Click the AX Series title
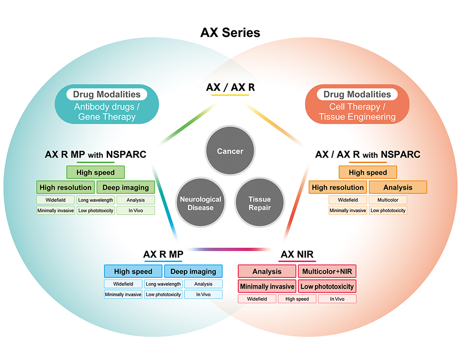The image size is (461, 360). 230,33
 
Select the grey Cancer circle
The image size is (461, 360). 230,151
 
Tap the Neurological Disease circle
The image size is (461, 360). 201,203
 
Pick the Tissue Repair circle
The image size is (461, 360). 260,203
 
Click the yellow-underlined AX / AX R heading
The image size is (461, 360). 230,87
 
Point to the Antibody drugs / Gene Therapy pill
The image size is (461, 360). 107,104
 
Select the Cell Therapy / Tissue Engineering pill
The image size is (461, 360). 357,104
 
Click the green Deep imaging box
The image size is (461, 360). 125,187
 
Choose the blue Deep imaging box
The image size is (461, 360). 193,271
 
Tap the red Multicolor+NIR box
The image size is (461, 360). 327,271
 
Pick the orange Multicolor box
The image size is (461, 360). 388,200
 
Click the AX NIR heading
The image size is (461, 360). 297,254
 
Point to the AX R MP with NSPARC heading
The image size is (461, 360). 96,154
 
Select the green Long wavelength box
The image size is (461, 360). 96,200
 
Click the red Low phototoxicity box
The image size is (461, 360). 327,286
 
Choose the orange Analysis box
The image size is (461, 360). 398,187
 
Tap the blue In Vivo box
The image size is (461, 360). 204,294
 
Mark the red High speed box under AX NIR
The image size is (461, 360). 297,299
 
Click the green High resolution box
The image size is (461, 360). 66,187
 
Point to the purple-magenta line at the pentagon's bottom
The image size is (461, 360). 230,250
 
